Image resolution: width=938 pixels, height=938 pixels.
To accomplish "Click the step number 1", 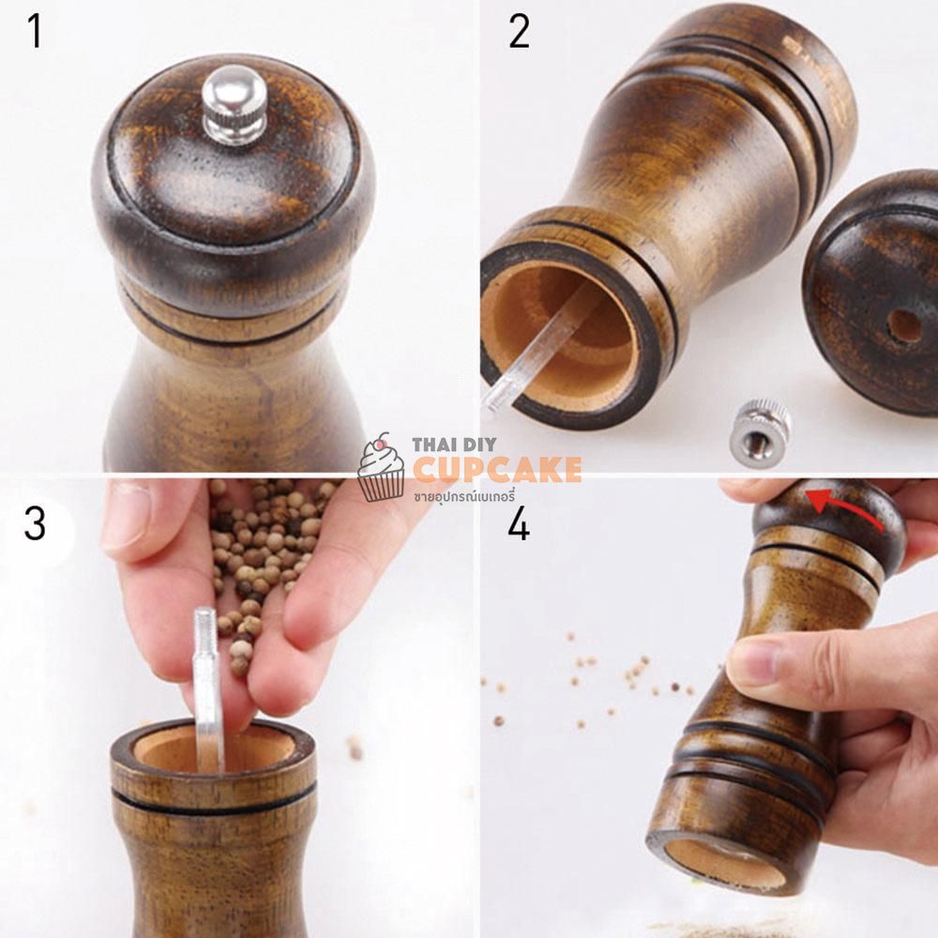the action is click(x=36, y=32).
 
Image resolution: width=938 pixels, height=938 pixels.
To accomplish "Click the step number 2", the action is click(x=519, y=32).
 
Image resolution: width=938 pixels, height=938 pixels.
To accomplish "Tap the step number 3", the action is click(x=35, y=523).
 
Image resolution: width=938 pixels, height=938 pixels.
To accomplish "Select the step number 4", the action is click(x=519, y=524).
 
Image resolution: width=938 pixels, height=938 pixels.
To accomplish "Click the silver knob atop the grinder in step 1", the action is click(x=234, y=105).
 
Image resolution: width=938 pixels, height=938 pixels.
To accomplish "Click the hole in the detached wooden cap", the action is click(x=904, y=326).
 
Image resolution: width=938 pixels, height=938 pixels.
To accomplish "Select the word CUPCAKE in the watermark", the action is click(x=497, y=469).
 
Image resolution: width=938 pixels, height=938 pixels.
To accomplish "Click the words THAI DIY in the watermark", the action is click(x=454, y=445).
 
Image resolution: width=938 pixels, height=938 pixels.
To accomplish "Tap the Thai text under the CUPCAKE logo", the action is click(x=464, y=496).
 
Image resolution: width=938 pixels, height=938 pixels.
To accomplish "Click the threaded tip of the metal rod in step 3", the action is click(x=204, y=625).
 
